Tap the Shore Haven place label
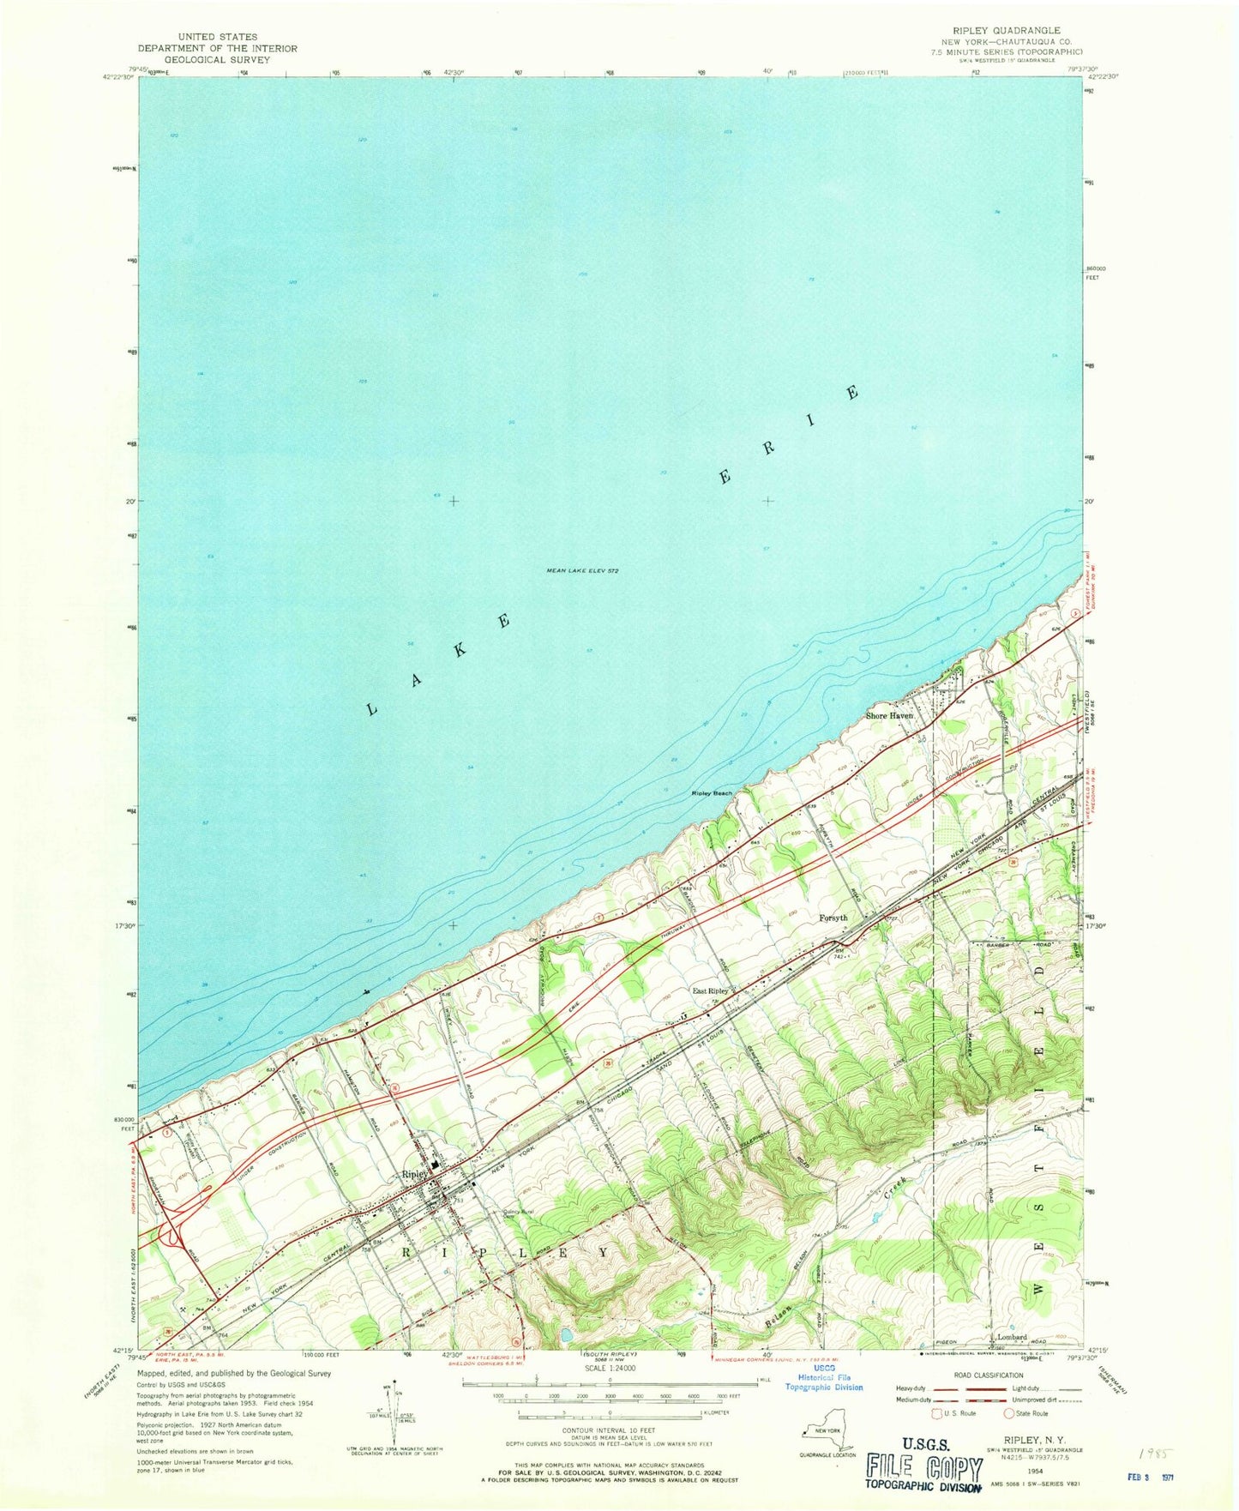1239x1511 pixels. pyautogui.click(x=889, y=715)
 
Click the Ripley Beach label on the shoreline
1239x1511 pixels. pyautogui.click(x=712, y=793)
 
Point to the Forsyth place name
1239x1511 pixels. pyautogui.click(x=833, y=918)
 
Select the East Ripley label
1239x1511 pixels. pyautogui.click(x=710, y=990)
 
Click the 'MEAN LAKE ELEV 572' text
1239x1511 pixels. pyautogui.click(x=583, y=570)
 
